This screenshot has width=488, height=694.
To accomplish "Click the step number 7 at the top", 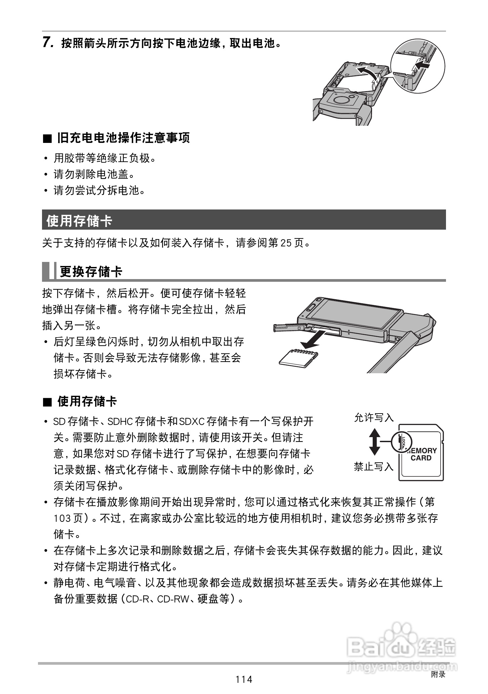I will tap(47, 43).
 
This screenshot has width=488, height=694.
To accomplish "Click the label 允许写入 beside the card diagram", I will tap(374, 418).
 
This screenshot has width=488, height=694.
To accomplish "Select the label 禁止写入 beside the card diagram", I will tap(374, 467).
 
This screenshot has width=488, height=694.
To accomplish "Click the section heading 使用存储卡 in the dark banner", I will tap(79, 221).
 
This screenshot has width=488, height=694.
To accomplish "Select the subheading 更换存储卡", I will tap(91, 272).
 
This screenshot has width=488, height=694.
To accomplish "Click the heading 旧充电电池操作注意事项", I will tap(123, 138).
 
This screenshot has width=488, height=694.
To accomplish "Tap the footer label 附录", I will tap(438, 674).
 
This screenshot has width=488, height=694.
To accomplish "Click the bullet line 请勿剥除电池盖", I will tap(94, 174).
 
